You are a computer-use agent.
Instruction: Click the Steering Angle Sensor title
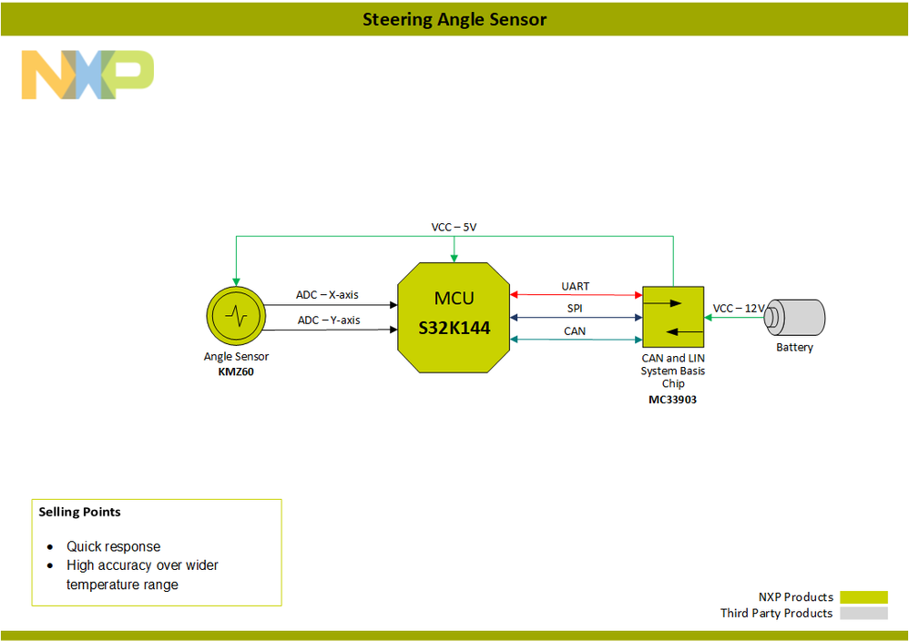tap(454, 19)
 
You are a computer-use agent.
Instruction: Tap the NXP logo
tap(87, 75)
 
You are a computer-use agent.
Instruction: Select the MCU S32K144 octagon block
tap(454, 316)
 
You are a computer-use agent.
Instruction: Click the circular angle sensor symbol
tap(236, 316)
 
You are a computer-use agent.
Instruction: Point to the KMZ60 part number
tap(236, 371)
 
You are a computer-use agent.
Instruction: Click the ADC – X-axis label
tap(328, 295)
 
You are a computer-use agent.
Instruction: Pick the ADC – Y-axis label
tap(328, 320)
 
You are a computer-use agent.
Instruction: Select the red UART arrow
tap(576, 295)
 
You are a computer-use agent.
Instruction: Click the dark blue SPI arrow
tap(576, 318)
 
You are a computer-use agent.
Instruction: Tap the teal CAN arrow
tap(576, 340)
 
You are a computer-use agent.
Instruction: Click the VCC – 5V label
tap(454, 227)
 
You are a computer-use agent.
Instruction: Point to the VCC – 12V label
tap(739, 309)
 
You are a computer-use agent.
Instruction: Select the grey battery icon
tap(794, 317)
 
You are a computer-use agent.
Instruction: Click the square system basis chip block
tap(673, 318)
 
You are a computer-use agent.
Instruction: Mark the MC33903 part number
tap(673, 399)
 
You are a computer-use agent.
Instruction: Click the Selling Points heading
tap(80, 512)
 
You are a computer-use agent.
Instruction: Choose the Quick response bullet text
tap(113, 547)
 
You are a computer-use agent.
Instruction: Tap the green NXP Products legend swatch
tap(863, 597)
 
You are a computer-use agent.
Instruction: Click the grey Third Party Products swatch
tap(863, 614)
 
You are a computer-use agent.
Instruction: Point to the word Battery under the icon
tap(794, 348)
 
